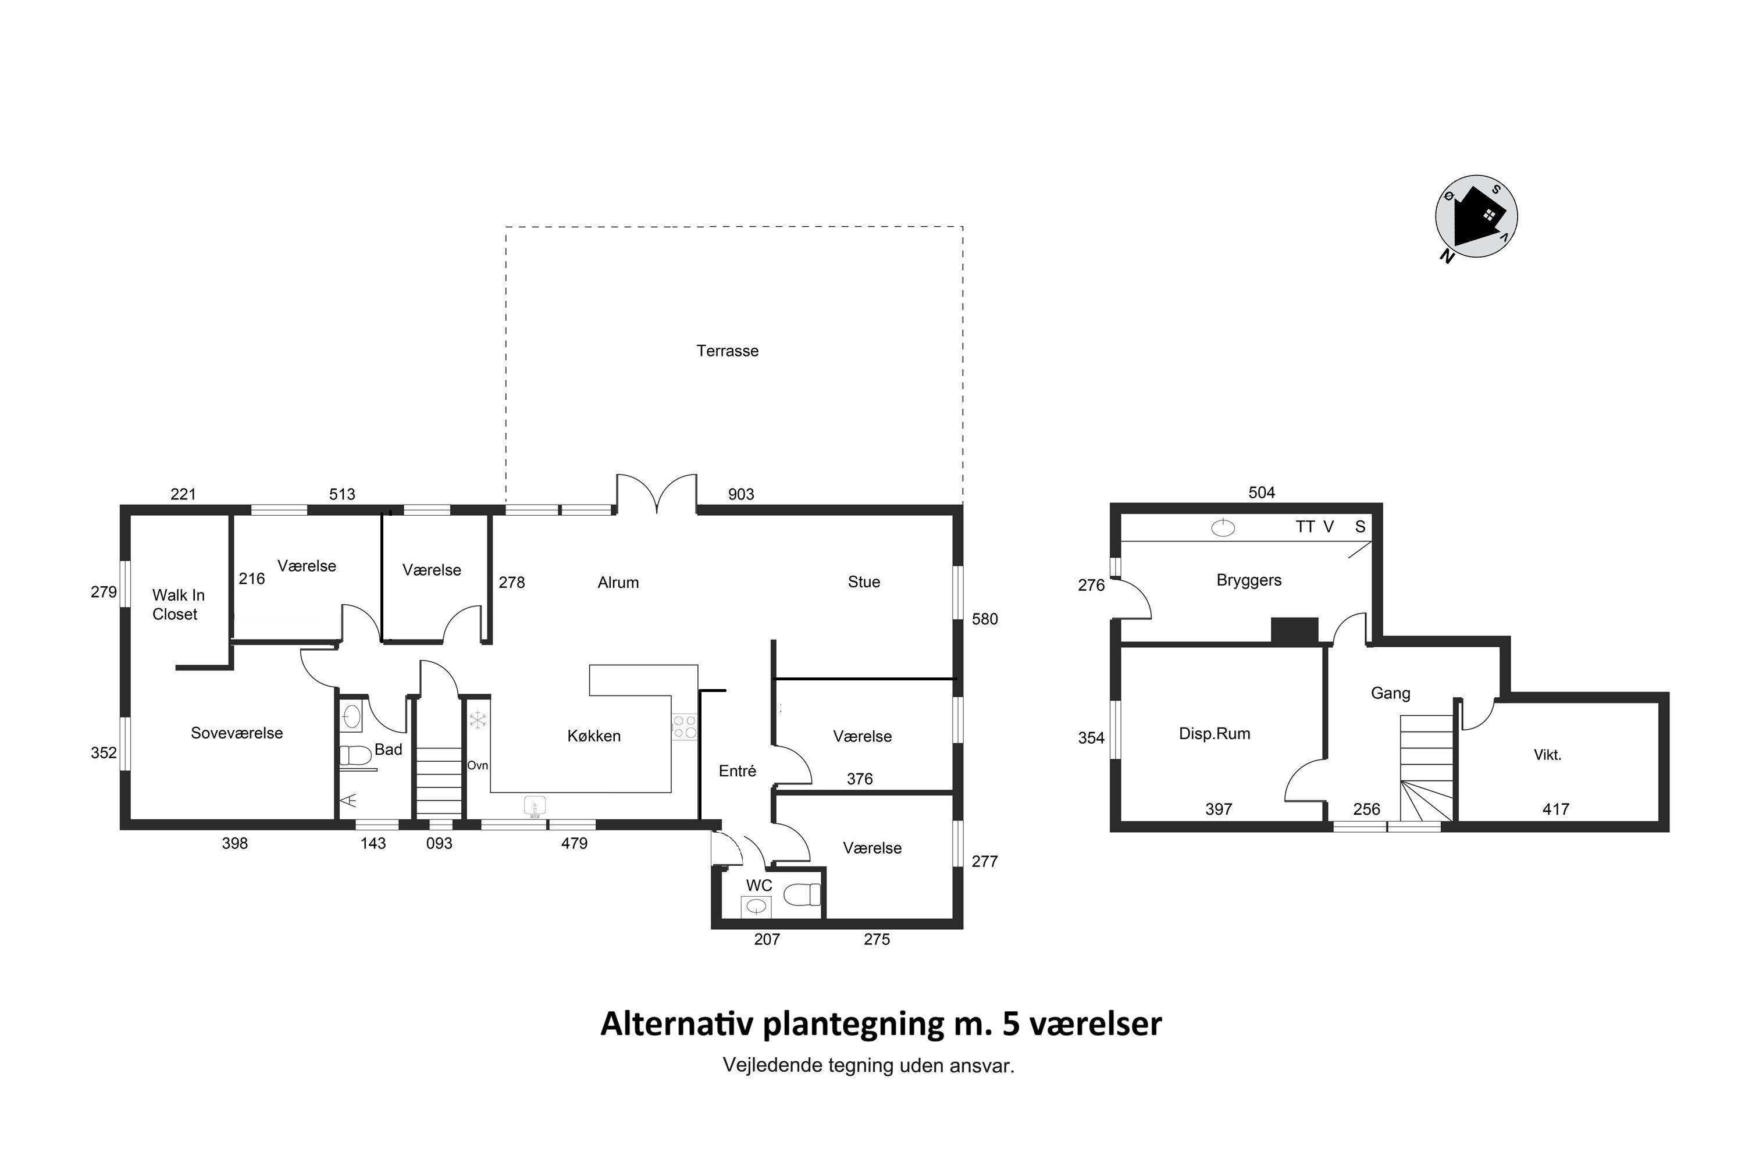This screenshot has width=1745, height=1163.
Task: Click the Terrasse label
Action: point(727,351)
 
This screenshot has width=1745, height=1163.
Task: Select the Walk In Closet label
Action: point(178,605)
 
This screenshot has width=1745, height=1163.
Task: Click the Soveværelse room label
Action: point(237,733)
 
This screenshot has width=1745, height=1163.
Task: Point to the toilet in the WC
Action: point(803,894)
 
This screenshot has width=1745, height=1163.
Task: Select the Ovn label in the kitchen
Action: point(477,765)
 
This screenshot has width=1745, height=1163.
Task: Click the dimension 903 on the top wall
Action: point(740,494)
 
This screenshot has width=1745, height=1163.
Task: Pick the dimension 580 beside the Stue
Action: point(985,619)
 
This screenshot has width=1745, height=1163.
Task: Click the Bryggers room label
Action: point(1249,580)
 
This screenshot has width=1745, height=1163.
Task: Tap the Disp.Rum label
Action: point(1215,733)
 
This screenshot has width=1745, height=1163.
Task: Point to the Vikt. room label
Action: point(1548,755)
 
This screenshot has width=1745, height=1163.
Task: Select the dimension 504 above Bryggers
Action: point(1261,493)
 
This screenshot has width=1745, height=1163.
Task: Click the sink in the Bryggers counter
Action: point(1223,528)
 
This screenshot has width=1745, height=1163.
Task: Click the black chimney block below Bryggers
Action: point(1295,630)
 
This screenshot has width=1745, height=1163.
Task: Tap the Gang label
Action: point(1390,693)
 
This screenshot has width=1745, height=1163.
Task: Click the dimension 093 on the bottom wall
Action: point(439,843)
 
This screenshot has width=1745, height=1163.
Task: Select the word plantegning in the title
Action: point(854,1024)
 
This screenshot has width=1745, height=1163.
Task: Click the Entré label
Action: point(738,770)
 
